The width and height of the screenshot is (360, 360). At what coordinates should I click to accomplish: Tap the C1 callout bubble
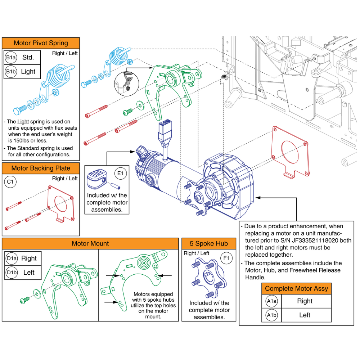tap(11, 183)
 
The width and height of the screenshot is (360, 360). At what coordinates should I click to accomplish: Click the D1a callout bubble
tap(12, 258)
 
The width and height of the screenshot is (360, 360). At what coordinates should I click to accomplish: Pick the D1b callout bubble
tap(12, 273)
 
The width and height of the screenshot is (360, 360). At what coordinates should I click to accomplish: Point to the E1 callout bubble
tap(120, 174)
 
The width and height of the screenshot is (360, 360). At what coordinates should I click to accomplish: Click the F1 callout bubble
tap(226, 258)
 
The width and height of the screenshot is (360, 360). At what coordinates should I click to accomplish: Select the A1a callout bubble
tap(271, 301)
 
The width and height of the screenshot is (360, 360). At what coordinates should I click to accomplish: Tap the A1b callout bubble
tap(271, 315)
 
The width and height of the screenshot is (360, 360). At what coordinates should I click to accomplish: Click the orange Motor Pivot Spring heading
tap(41, 43)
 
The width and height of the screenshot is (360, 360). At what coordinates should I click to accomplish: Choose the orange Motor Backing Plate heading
tap(41, 168)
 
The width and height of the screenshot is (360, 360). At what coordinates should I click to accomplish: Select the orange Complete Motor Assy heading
tap(296, 289)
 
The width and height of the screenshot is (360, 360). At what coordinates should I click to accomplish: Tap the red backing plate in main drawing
tap(291, 150)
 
